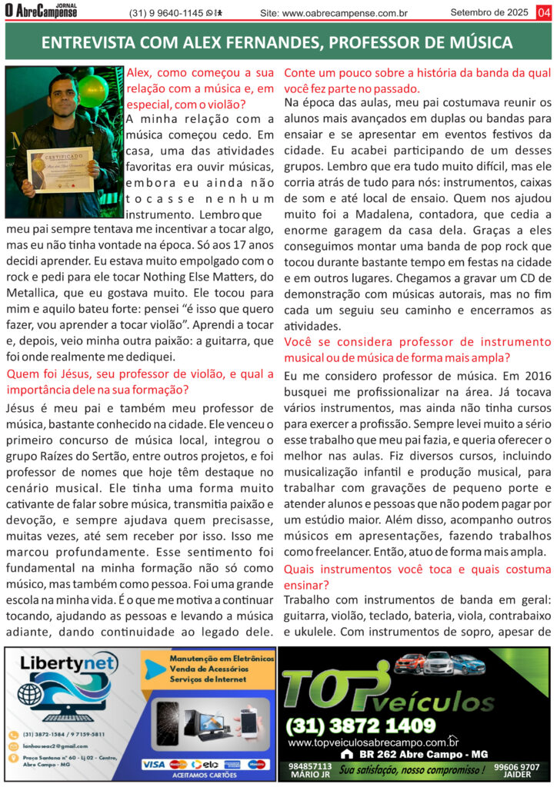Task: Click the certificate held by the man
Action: (61, 170)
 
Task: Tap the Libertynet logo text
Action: (68, 685)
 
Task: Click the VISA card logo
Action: (154, 764)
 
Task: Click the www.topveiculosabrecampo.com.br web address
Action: (373, 742)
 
